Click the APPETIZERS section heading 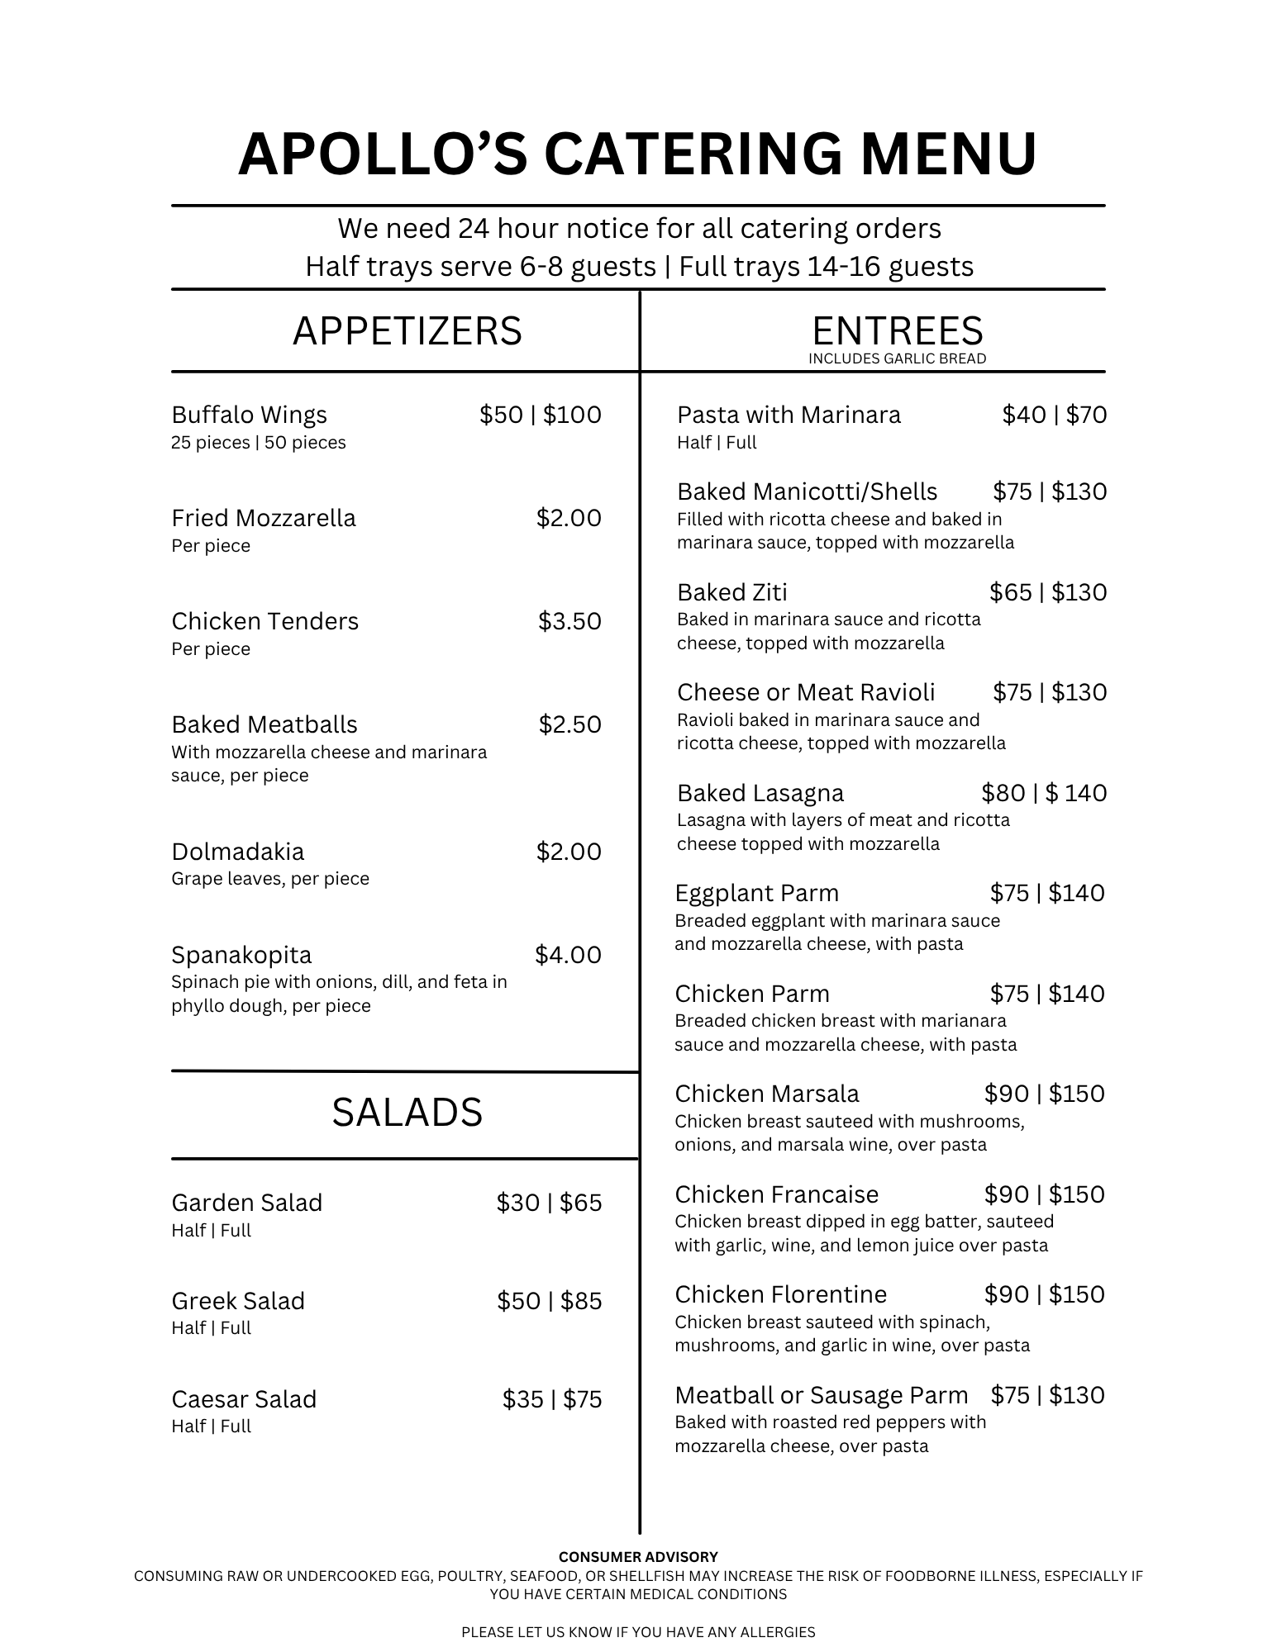pos(407,331)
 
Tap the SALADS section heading pos(407,1113)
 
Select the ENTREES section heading pos(898,331)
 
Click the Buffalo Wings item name pos(249,415)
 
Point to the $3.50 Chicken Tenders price pos(569,621)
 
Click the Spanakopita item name pos(241,955)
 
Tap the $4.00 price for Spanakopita pos(568,955)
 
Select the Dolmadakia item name pos(237,852)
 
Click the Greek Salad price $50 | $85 pos(549,1301)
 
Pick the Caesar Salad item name pos(244,1399)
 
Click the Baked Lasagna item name pos(760,793)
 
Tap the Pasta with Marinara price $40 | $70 pos(1054,415)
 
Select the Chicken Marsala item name pos(767,1094)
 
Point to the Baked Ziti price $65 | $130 pos(1048,592)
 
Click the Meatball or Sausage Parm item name pos(821,1395)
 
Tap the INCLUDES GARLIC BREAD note pos(897,358)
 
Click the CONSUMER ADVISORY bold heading pos(638,1557)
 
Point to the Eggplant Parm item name pos(756,893)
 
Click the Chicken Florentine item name pos(780,1294)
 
